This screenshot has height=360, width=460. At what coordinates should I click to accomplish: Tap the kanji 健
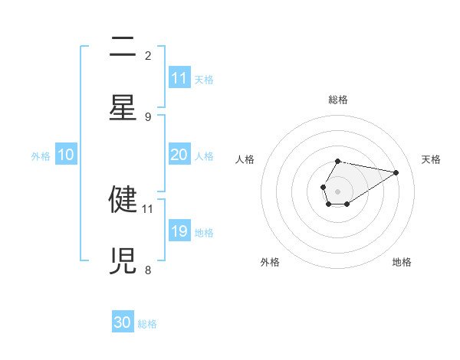click(123, 198)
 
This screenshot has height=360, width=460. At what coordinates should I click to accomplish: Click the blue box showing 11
click(179, 78)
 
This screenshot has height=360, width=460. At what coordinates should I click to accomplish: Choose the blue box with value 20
click(179, 155)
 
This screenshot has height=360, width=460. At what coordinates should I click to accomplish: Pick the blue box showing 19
click(179, 231)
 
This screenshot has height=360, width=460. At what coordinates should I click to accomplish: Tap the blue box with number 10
click(66, 155)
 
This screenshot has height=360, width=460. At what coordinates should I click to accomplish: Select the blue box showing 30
click(123, 322)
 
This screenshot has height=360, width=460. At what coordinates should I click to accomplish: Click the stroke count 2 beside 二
click(148, 55)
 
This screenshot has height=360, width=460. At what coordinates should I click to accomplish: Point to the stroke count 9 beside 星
click(148, 116)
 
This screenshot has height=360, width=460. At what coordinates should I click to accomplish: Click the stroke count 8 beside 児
click(148, 270)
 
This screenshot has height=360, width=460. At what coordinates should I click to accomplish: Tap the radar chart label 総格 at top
click(337, 100)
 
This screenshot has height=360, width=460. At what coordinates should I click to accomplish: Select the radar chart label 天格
click(431, 159)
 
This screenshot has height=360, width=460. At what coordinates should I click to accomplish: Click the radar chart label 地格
click(402, 262)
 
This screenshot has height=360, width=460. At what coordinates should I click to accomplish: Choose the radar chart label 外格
click(270, 262)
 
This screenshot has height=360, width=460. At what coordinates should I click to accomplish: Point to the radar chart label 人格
click(245, 159)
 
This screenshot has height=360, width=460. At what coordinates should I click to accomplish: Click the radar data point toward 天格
click(396, 172)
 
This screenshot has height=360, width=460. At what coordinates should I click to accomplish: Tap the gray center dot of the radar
click(337, 190)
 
